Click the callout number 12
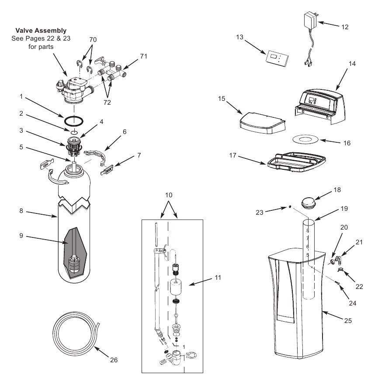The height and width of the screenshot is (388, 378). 345,27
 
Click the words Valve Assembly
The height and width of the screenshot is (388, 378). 41,31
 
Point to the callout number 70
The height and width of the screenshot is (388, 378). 92,39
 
